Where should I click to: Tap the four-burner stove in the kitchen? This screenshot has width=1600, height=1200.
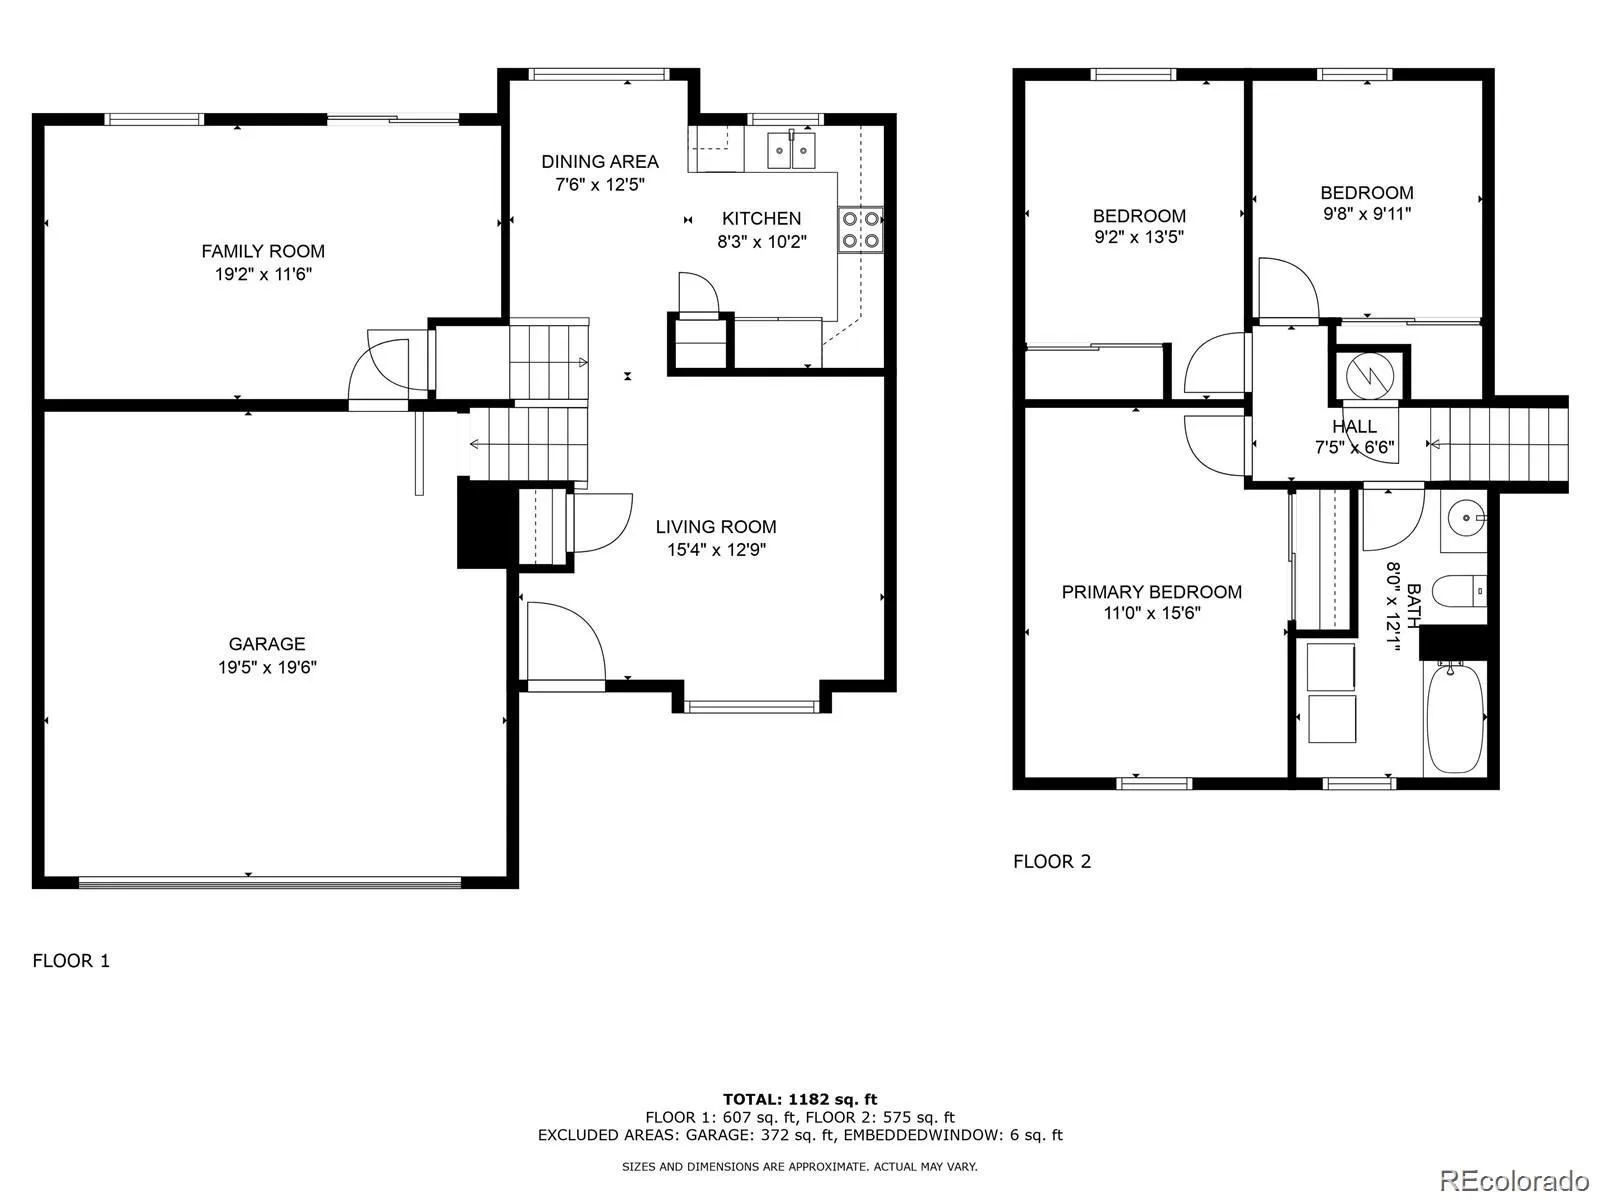pos(860,230)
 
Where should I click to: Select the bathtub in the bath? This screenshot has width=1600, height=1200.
pos(1455,718)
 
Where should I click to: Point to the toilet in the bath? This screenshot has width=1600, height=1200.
pos(1459,591)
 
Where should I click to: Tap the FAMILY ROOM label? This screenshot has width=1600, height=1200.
pos(263,251)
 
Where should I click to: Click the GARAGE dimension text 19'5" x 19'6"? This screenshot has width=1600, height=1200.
pos(267,667)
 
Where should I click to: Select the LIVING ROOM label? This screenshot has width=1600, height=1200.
pos(716,527)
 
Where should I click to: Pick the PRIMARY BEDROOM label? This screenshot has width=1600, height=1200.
pos(1152,592)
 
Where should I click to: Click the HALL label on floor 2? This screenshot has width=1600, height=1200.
pos(1354,426)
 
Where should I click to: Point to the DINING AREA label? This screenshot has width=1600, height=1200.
pos(600,162)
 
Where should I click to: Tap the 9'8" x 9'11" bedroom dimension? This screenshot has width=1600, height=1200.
pos(1367,213)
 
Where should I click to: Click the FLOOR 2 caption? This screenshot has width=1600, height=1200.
pos(1052,861)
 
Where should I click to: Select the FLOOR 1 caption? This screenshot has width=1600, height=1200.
pos(71,960)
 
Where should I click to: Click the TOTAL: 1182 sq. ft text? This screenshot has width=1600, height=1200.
pos(800,1099)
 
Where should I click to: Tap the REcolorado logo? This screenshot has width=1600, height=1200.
pos(1515,1179)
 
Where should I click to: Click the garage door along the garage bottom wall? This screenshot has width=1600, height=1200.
pos(270,883)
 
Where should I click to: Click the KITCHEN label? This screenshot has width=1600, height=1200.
pos(761,219)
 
